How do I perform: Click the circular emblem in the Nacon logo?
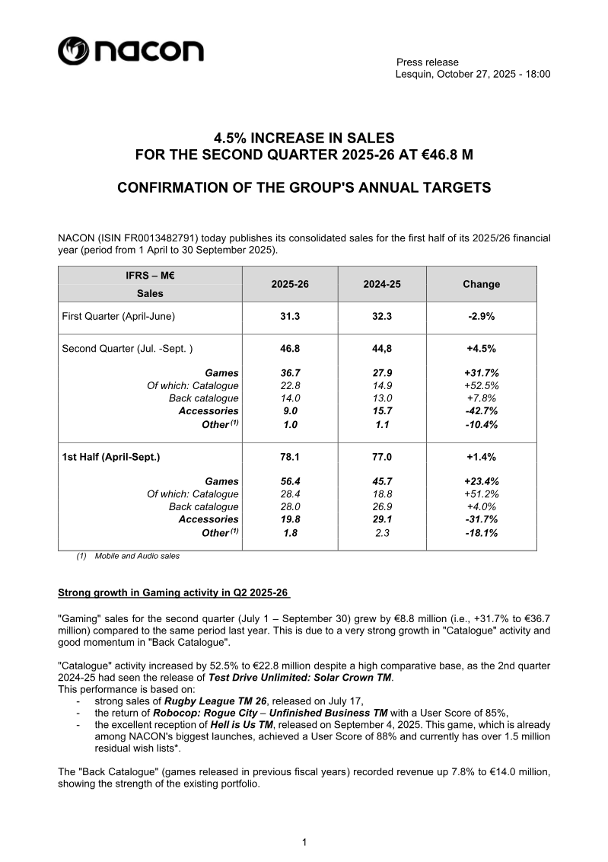(73, 52)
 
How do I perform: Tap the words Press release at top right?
(428, 62)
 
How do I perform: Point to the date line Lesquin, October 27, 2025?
(473, 74)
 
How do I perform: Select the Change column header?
(481, 284)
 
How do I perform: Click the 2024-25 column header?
(382, 284)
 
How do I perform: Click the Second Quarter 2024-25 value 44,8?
(382, 349)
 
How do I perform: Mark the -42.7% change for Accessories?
(481, 411)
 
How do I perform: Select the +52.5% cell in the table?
(481, 385)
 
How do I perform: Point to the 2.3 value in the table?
(382, 533)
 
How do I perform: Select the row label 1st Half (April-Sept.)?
(111, 457)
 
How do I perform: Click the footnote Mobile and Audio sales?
(137, 556)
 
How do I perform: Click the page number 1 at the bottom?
(304, 841)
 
